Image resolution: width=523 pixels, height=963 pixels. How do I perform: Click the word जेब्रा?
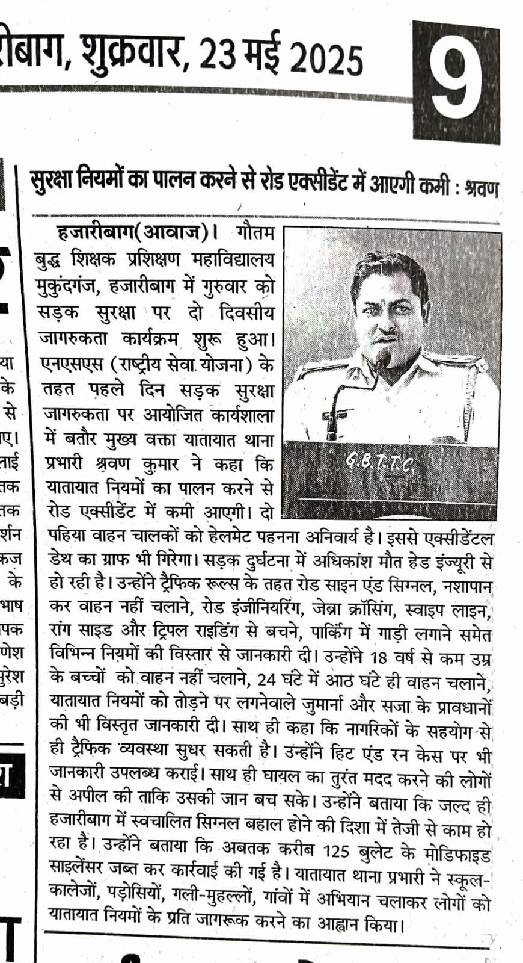click(x=333, y=608)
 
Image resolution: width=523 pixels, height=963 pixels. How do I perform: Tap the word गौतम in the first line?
click(x=255, y=232)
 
